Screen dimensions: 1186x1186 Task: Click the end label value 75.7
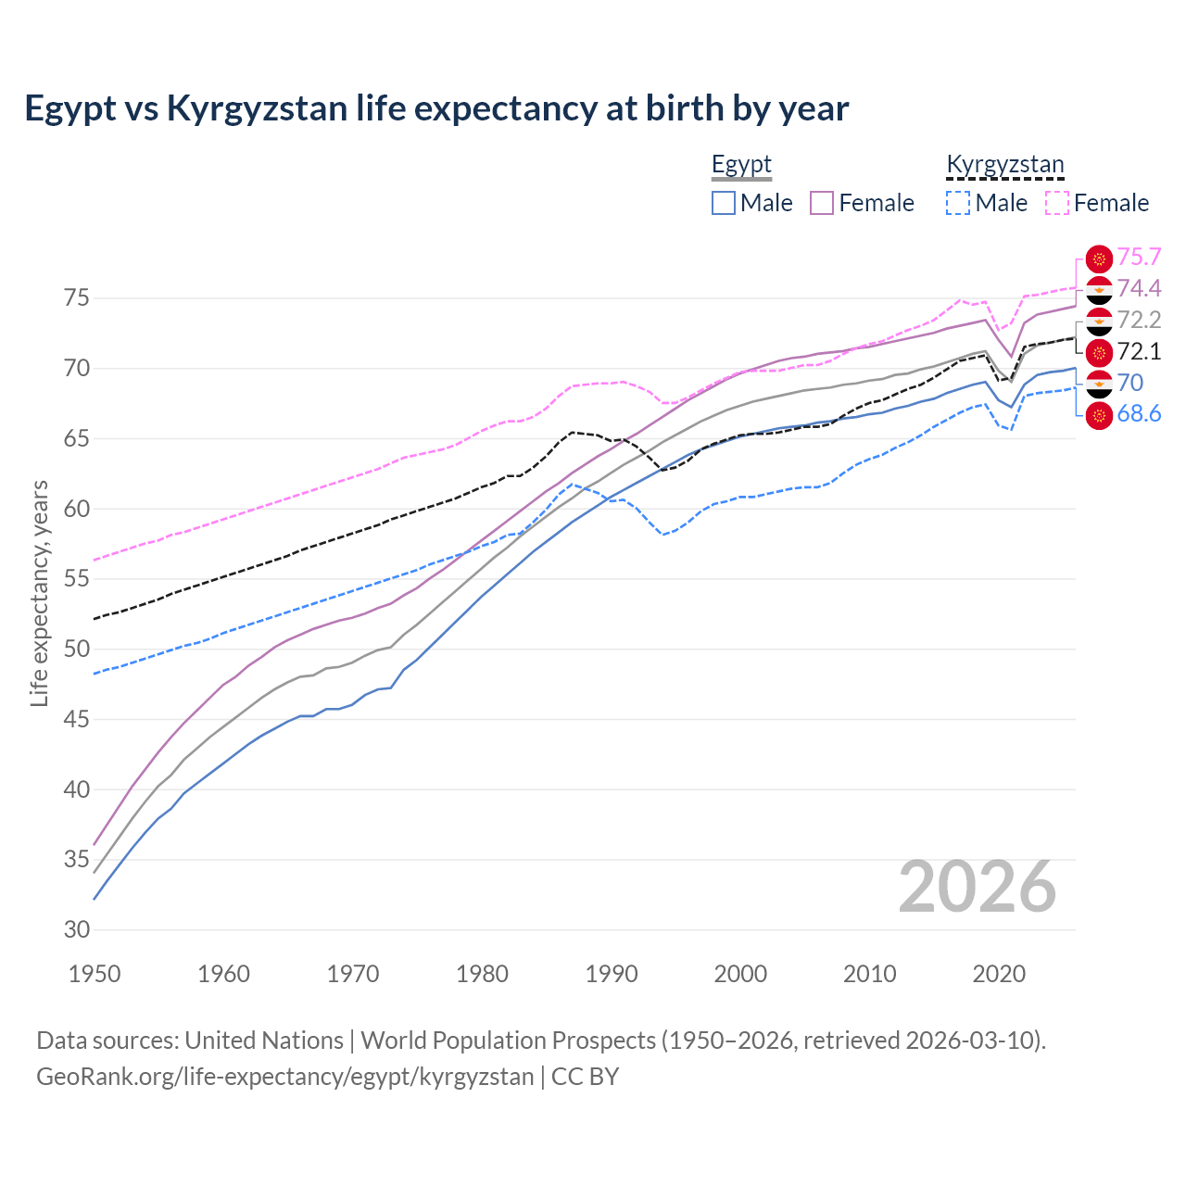coord(1139,257)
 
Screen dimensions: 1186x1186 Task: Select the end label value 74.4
coord(1139,288)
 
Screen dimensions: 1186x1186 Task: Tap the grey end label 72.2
coord(1139,320)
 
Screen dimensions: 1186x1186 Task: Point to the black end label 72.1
coord(1139,351)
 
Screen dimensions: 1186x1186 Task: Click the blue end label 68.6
coord(1139,414)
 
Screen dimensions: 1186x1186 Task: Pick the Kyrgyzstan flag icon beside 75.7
coord(1099,259)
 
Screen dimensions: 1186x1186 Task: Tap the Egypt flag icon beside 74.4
coord(1099,290)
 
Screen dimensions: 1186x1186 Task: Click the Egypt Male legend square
coord(724,203)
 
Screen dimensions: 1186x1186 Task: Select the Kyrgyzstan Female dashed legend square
coord(1057,203)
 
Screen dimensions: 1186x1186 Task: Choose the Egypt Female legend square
coord(822,203)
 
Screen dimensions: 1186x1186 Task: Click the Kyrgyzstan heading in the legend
coord(1004,164)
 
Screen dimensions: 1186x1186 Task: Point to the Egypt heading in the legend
coord(741,164)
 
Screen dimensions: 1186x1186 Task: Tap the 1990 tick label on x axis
coord(612,974)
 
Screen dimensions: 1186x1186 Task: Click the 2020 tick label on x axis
coord(999,974)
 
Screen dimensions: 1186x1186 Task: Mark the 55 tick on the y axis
coord(76,579)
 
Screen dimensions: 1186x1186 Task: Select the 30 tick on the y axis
coord(76,929)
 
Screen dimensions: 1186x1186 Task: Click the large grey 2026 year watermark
coord(977,887)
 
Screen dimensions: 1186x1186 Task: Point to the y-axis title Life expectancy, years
coord(39,593)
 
